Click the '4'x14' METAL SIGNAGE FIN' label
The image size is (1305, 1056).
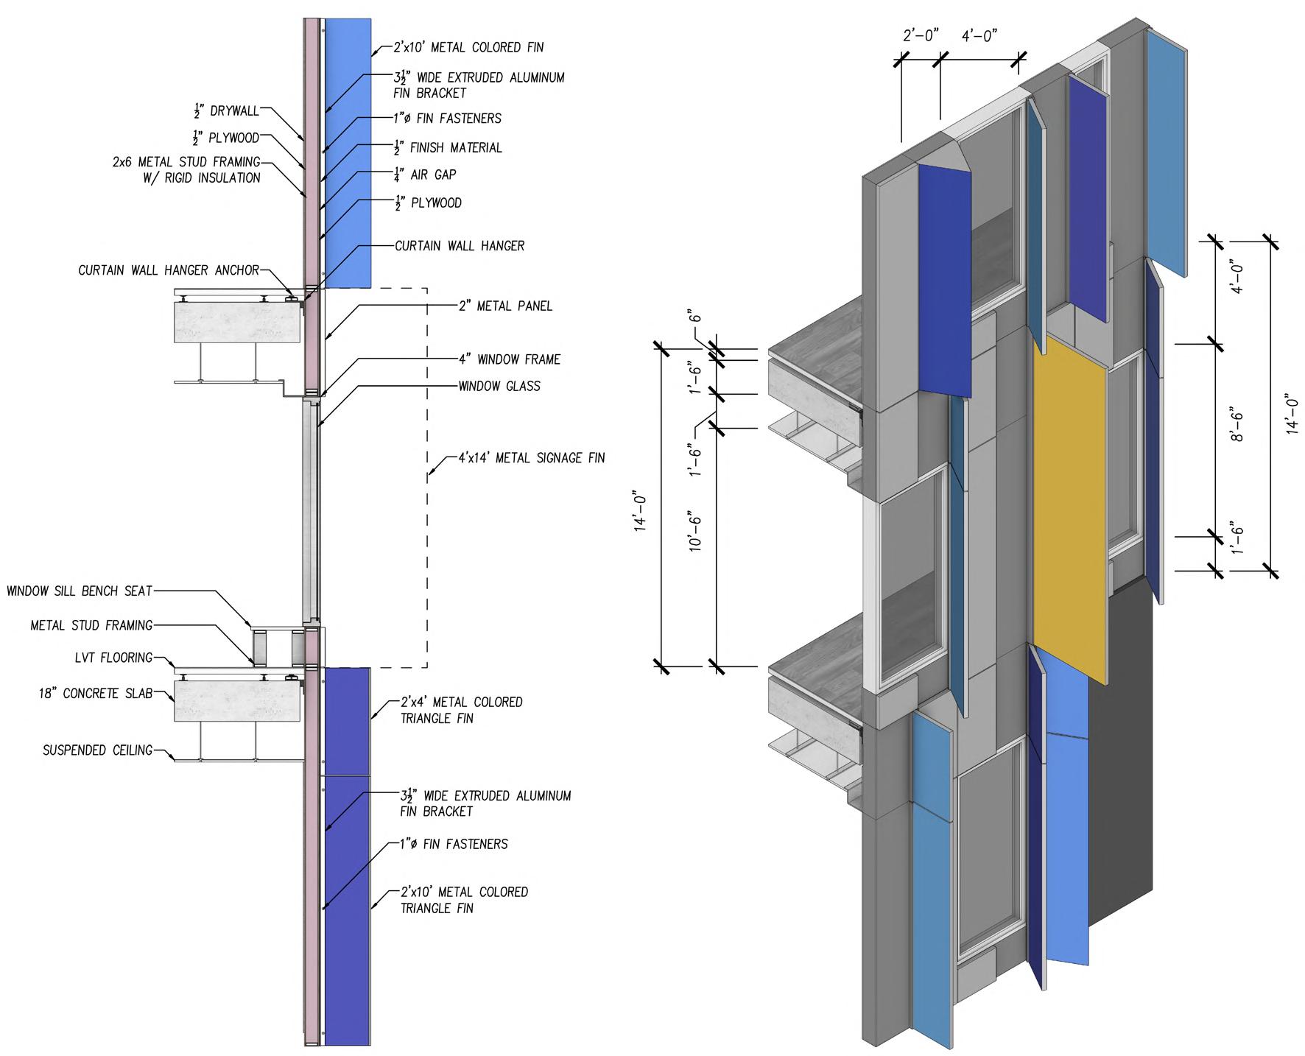click(x=531, y=458)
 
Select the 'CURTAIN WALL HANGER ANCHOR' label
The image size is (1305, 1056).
click(x=169, y=270)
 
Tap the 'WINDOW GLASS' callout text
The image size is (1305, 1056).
click(x=499, y=386)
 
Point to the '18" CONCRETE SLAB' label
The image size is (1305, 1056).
click(x=96, y=693)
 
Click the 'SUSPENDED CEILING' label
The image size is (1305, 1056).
click(x=97, y=750)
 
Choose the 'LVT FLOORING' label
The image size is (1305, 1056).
click(x=113, y=658)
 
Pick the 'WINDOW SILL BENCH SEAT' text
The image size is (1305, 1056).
click(x=80, y=591)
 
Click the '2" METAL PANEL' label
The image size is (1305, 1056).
click(x=504, y=306)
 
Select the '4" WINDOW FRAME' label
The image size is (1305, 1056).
click(x=509, y=359)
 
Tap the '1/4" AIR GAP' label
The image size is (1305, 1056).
click(x=425, y=175)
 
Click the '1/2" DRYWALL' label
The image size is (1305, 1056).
click(x=226, y=111)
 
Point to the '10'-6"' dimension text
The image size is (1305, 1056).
click(x=694, y=531)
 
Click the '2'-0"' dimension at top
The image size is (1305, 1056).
click(x=921, y=35)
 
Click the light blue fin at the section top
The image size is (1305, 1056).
click(x=348, y=152)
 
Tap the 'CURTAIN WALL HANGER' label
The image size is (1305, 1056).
click(x=460, y=245)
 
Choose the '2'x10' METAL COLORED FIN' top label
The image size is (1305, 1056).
click(x=468, y=47)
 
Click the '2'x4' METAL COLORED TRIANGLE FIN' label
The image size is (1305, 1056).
click(x=461, y=710)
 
